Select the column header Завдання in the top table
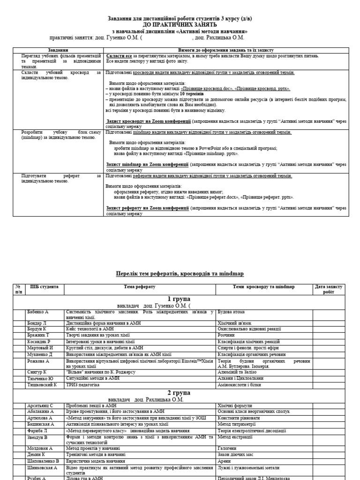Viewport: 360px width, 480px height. pos(58,50)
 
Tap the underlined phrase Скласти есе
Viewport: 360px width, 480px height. pos(118,56)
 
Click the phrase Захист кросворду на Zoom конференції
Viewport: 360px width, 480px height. pos(148,121)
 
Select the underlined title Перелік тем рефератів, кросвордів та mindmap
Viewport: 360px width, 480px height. pos(180,273)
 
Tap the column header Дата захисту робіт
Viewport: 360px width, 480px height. pos(329,289)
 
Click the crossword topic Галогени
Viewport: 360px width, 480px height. pos(229,449)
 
